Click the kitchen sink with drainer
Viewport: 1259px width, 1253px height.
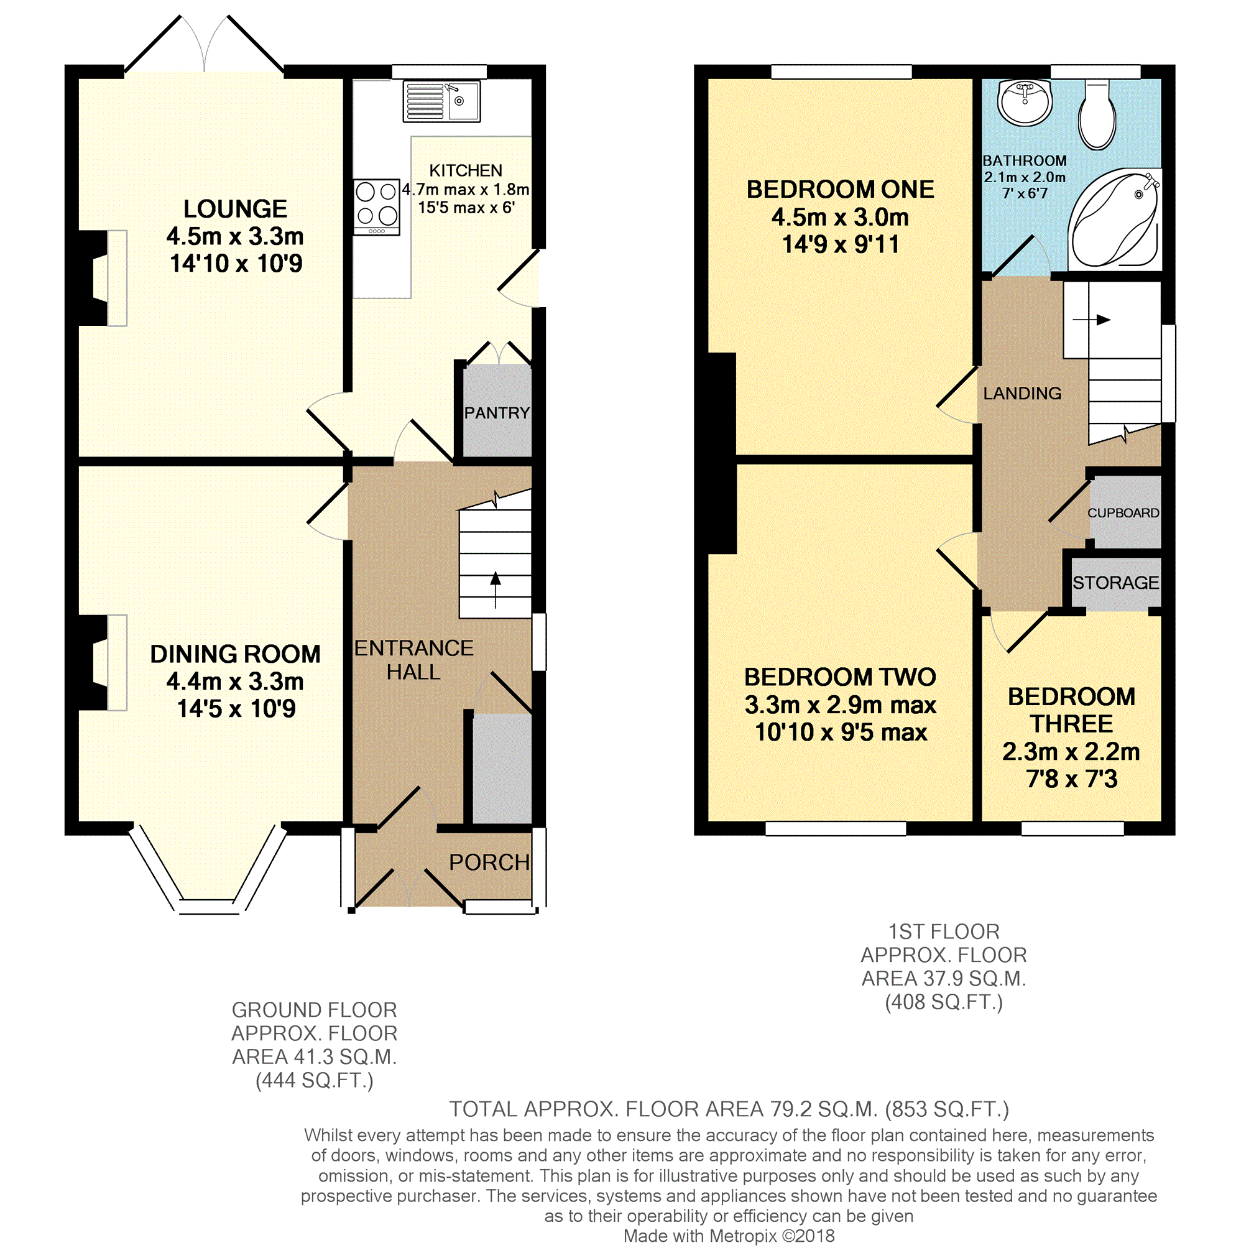(441, 101)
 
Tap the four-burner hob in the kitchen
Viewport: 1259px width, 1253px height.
(376, 206)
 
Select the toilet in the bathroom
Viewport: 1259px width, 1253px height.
(1097, 115)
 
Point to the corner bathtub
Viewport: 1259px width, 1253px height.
(1114, 219)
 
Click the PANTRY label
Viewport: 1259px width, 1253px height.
(497, 413)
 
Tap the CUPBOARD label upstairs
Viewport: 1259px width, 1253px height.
(1123, 513)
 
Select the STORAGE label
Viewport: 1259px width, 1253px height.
(1115, 582)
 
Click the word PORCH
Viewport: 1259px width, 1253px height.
(489, 862)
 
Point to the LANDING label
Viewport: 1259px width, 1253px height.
(1021, 393)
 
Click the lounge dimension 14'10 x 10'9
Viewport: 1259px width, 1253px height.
(236, 264)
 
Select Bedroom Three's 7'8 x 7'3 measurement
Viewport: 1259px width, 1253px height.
(1071, 779)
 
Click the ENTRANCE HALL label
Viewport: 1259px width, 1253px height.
(413, 660)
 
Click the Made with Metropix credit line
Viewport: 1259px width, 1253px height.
(729, 1236)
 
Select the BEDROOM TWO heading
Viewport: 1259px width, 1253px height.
(839, 677)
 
